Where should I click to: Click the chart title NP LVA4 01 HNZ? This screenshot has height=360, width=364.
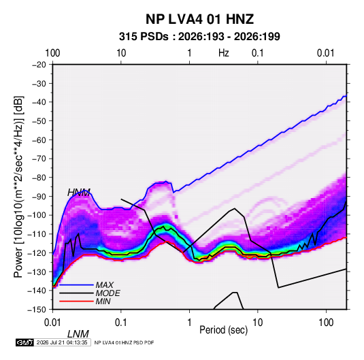pyautogui.click(x=199, y=19)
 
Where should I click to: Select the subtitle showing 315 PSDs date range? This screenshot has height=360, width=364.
pyautogui.click(x=199, y=37)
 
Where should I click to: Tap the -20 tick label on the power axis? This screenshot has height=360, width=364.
pyautogui.click(x=39, y=65)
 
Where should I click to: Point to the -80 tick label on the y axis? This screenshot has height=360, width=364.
pyautogui.click(x=39, y=178)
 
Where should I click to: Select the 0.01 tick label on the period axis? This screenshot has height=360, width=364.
pyautogui.click(x=52, y=323)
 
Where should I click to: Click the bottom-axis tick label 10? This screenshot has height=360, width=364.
pyautogui.click(x=257, y=323)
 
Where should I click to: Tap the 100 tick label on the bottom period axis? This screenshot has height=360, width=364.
pyautogui.click(x=326, y=323)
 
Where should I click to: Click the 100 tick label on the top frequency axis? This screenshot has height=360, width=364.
pyautogui.click(x=52, y=53)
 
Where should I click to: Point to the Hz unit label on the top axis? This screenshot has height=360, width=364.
pyautogui.click(x=224, y=53)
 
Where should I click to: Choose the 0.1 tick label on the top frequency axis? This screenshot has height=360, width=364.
pyautogui.click(x=258, y=53)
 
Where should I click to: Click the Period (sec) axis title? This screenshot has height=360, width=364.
pyautogui.click(x=224, y=330)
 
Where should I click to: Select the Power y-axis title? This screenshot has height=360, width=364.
pyautogui.click(x=18, y=187)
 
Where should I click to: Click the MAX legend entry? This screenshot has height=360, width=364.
pyautogui.click(x=105, y=285)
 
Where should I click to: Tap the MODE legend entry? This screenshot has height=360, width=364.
pyautogui.click(x=108, y=293)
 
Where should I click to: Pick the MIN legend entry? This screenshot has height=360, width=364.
pyautogui.click(x=103, y=301)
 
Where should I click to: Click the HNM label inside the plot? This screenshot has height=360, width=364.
pyautogui.click(x=79, y=193)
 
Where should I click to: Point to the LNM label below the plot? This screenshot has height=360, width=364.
pyautogui.click(x=78, y=334)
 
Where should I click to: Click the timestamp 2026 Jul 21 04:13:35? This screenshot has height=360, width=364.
pyautogui.click(x=62, y=342)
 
